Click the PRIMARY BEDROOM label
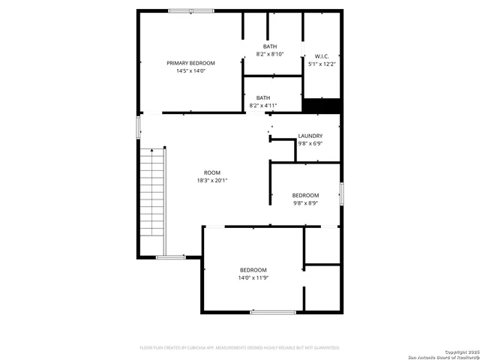coord(190,63)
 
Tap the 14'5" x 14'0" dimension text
coord(190,71)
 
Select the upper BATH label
coord(269,46)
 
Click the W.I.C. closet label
coord(322,56)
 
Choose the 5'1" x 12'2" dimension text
coord(322,64)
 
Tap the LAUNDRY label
coord(310,136)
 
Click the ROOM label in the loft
coord(211,172)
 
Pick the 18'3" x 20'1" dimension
coord(211,181)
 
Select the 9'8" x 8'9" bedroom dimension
coord(305,203)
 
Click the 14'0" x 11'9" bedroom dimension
coord(253,278)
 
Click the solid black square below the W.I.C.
coord(322,106)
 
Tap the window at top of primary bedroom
coord(190,10)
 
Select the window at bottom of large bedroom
coord(273,312)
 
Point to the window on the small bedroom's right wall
coord(341,193)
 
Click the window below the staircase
coord(171,257)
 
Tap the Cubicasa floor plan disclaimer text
coord(240,348)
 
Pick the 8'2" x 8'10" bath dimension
coord(269,55)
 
